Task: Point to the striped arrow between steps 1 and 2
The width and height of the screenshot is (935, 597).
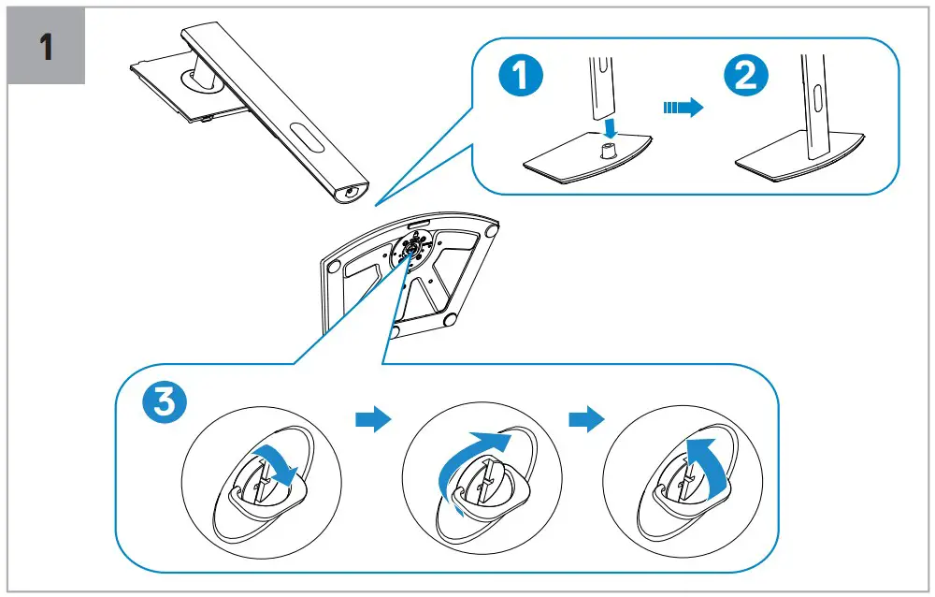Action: pyautogui.click(x=681, y=109)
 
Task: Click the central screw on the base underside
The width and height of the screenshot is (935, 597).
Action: pyautogui.click(x=411, y=250)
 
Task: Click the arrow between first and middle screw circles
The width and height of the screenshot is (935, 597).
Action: pyautogui.click(x=372, y=421)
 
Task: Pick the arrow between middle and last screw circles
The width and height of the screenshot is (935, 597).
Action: pyautogui.click(x=585, y=421)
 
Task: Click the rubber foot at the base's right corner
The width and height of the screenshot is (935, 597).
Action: pyautogui.click(x=492, y=226)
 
